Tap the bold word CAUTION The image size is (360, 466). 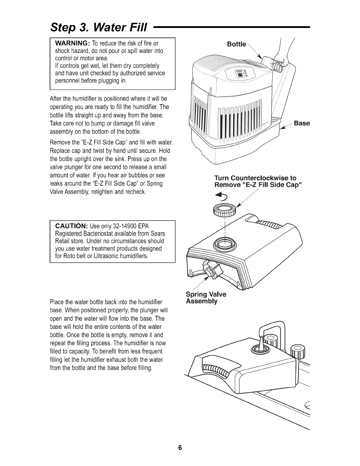pyautogui.click(x=71, y=226)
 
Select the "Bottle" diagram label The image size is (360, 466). pyautogui.click(x=236, y=44)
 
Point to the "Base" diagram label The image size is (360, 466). pyautogui.click(x=301, y=123)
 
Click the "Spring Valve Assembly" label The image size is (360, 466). pyautogui.click(x=206, y=298)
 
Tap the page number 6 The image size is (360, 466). pyautogui.click(x=180, y=448)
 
